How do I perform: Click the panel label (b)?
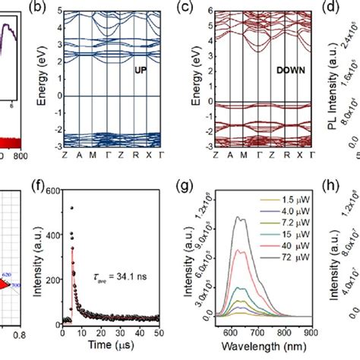click(65, 11)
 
